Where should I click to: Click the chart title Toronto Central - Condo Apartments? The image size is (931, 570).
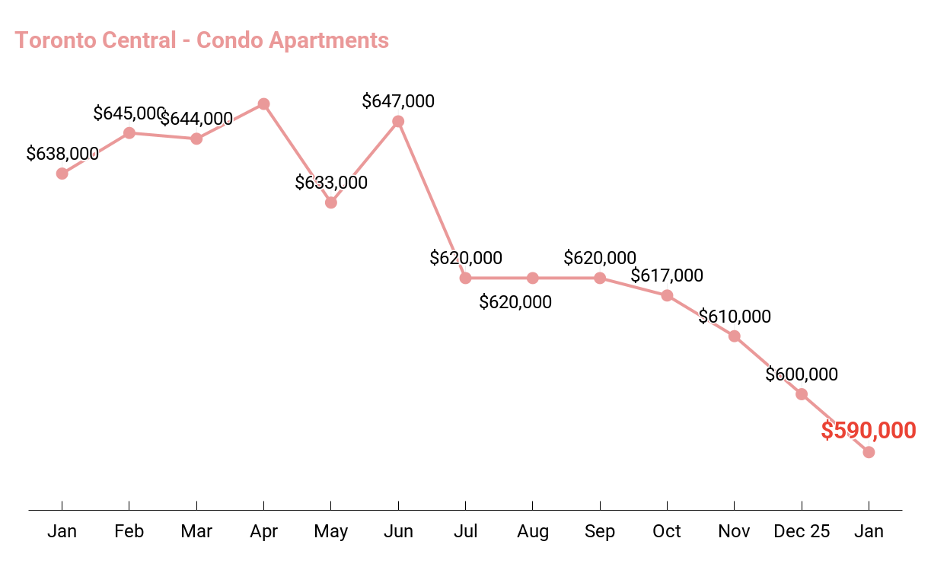click(202, 40)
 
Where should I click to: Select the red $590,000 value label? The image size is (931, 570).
click(868, 431)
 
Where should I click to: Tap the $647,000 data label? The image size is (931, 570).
click(398, 101)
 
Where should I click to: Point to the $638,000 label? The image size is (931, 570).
click(62, 154)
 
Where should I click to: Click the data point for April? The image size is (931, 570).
click(263, 103)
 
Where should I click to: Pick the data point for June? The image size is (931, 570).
click(398, 121)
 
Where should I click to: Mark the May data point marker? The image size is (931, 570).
click(330, 202)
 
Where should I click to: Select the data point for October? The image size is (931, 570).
click(667, 295)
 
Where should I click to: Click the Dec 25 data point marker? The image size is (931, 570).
click(802, 394)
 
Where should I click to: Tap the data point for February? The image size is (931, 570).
click(129, 133)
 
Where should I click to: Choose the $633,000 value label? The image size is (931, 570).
click(331, 183)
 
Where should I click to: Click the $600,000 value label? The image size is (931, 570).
click(802, 374)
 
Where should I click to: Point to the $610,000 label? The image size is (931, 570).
click(735, 317)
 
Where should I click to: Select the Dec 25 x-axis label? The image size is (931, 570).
click(802, 531)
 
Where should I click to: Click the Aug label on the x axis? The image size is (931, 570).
click(533, 531)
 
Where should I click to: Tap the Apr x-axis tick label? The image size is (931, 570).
click(263, 531)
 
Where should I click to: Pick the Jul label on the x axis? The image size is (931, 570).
click(465, 531)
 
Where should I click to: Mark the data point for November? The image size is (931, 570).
click(735, 336)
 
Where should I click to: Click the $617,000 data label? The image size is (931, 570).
click(667, 275)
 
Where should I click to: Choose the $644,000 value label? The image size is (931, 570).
click(196, 119)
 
